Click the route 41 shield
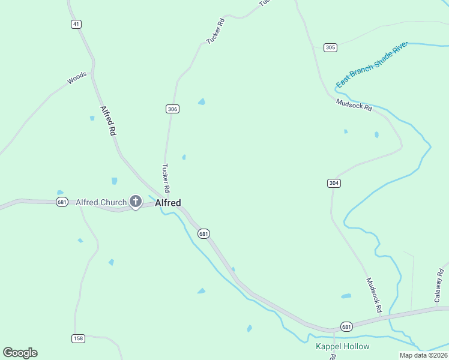[76, 24]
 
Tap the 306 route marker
[172, 109]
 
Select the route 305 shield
[330, 47]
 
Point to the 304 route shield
[334, 183]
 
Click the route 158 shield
[78, 338]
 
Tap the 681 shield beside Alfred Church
[62, 202]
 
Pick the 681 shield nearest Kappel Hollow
[346, 326]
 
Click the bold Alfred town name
[168, 203]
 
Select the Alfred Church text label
[101, 202]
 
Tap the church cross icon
[136, 202]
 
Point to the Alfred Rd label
[107, 121]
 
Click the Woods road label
[77, 78]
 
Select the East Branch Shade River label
[372, 65]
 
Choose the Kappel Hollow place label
[343, 347]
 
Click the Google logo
[20, 353]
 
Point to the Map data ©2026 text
[423, 355]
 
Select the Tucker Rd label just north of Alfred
[166, 178]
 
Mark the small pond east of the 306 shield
[202, 102]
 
